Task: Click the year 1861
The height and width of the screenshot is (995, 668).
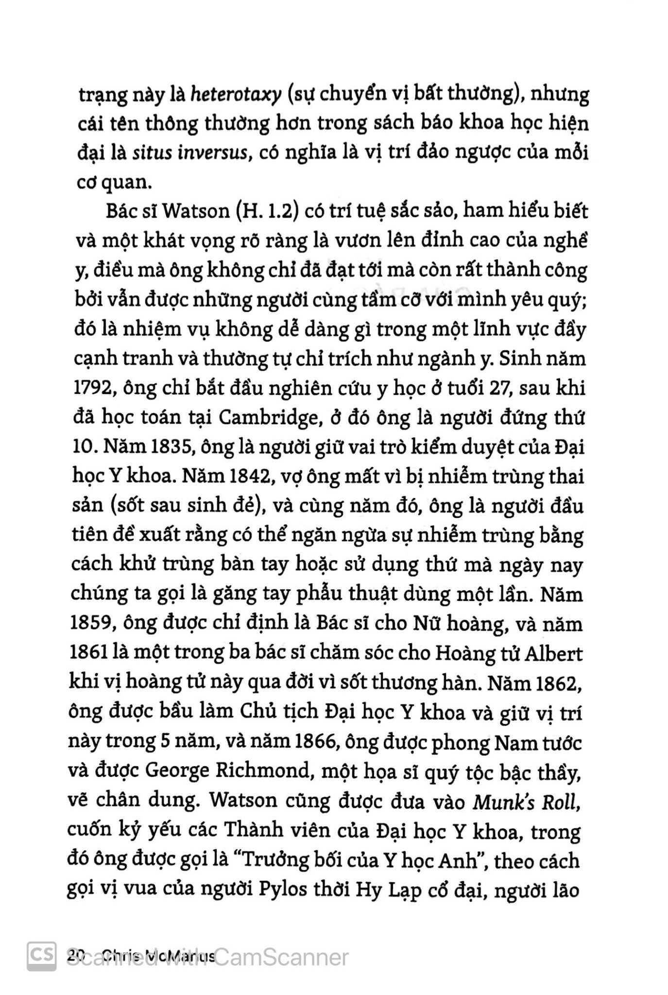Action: (x=89, y=653)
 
